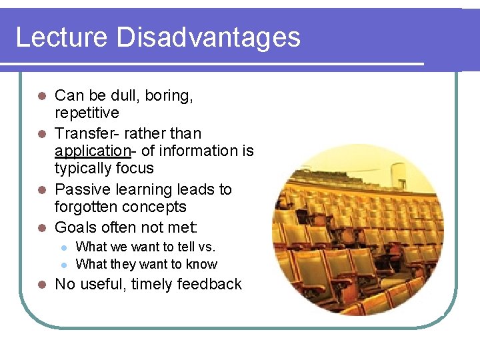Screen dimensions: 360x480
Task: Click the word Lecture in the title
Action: [x=62, y=37]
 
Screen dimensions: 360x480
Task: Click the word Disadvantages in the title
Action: [x=208, y=37]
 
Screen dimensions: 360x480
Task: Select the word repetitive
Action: [x=87, y=113]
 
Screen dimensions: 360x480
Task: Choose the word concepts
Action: [x=158, y=207]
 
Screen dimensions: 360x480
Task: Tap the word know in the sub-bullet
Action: [x=203, y=264]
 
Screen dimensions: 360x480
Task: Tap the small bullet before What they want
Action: [x=64, y=265]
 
